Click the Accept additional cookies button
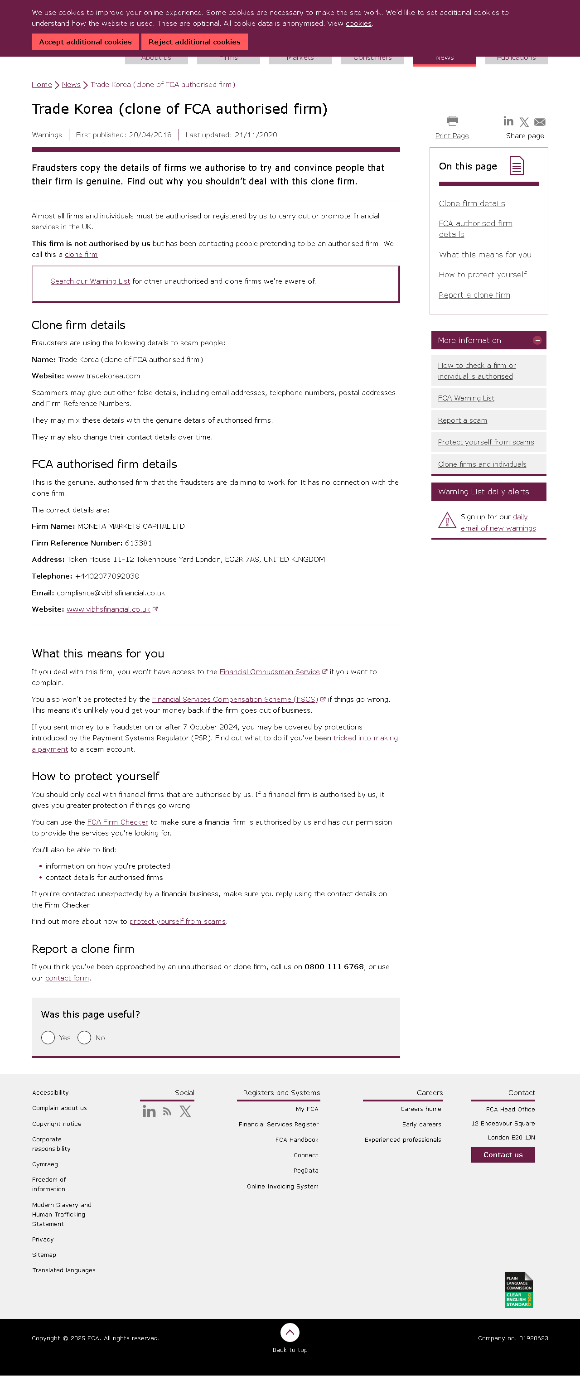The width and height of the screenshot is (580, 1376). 85,42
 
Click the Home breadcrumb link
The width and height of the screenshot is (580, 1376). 42,84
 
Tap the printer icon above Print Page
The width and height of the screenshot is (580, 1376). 452,121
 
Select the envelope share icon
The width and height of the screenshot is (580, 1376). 539,122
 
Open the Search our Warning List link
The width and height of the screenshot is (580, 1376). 90,281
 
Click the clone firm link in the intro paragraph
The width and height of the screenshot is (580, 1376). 81,255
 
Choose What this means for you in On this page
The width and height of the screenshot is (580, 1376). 485,255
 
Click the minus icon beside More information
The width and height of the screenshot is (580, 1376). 537,340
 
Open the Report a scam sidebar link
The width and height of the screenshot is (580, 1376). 462,420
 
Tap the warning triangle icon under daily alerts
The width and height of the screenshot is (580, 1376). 446,520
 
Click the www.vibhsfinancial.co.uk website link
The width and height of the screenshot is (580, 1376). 108,609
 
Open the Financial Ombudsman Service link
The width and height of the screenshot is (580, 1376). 269,672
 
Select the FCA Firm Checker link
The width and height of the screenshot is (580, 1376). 117,822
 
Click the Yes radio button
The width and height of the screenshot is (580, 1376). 48,1038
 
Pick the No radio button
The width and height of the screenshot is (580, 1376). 84,1038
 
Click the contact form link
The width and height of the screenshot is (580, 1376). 67,978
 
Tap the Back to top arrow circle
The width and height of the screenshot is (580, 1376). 290,1332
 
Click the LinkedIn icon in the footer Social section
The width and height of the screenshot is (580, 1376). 149,1111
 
